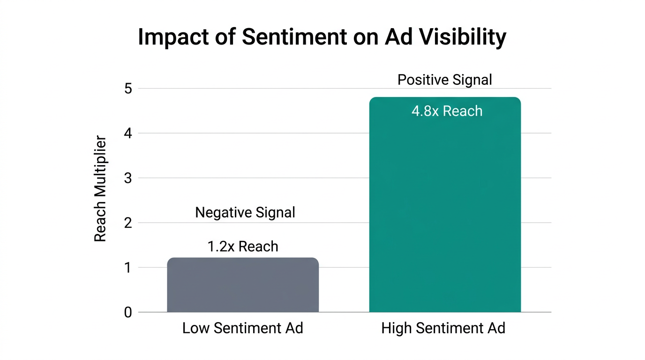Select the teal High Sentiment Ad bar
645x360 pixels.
[445, 211]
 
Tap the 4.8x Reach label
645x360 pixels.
[447, 111]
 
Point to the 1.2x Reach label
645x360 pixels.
[243, 247]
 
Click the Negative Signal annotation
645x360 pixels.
[245, 213]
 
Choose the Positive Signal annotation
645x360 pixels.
[445, 80]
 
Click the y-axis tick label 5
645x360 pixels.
[128, 89]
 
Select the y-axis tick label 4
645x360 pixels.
[128, 134]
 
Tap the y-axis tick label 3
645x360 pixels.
[128, 178]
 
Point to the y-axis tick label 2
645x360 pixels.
[128, 223]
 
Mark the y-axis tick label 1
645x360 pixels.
[128, 268]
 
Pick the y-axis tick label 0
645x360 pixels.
[128, 313]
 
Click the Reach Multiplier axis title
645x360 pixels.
[100, 189]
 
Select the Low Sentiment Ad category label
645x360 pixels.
[243, 328]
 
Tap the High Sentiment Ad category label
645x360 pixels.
[443, 328]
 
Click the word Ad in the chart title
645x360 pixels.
[395, 37]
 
